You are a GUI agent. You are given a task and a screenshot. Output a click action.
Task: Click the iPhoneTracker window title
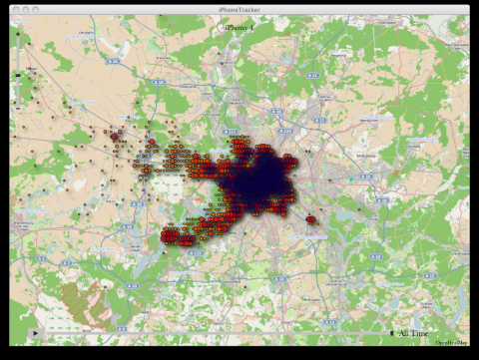tap(239, 9)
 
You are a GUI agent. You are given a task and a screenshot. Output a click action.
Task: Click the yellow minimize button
tap(25, 9)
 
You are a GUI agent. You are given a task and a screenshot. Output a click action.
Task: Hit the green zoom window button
tap(36, 9)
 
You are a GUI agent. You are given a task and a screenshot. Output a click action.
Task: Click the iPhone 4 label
tap(239, 27)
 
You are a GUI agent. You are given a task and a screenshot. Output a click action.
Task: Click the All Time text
tap(413, 333)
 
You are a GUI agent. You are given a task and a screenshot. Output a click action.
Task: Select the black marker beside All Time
tap(392, 333)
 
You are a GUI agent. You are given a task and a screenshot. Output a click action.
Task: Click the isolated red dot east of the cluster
tap(311, 219)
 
